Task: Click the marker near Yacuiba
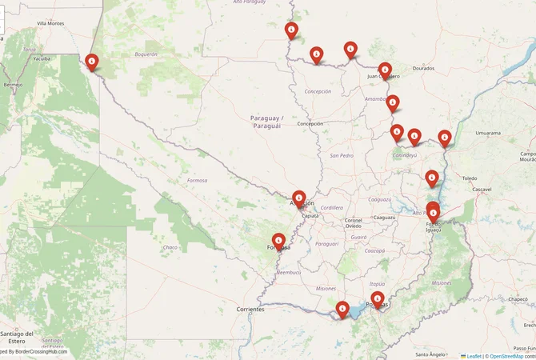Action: (92, 62)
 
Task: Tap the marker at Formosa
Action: (278, 240)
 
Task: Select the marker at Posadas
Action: (378, 299)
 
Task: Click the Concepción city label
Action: (310, 124)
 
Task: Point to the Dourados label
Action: (423, 69)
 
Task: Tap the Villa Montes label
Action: (50, 23)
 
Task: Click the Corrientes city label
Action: (250, 309)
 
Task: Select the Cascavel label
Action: (482, 189)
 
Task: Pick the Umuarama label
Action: (488, 133)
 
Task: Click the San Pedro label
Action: (342, 155)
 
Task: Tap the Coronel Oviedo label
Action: (354, 222)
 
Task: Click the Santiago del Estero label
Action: (18, 337)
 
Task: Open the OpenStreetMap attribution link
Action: (512, 355)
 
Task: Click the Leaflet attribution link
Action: (474, 355)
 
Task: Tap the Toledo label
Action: (469, 178)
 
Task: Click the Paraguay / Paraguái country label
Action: (266, 122)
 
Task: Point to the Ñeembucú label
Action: (288, 272)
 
